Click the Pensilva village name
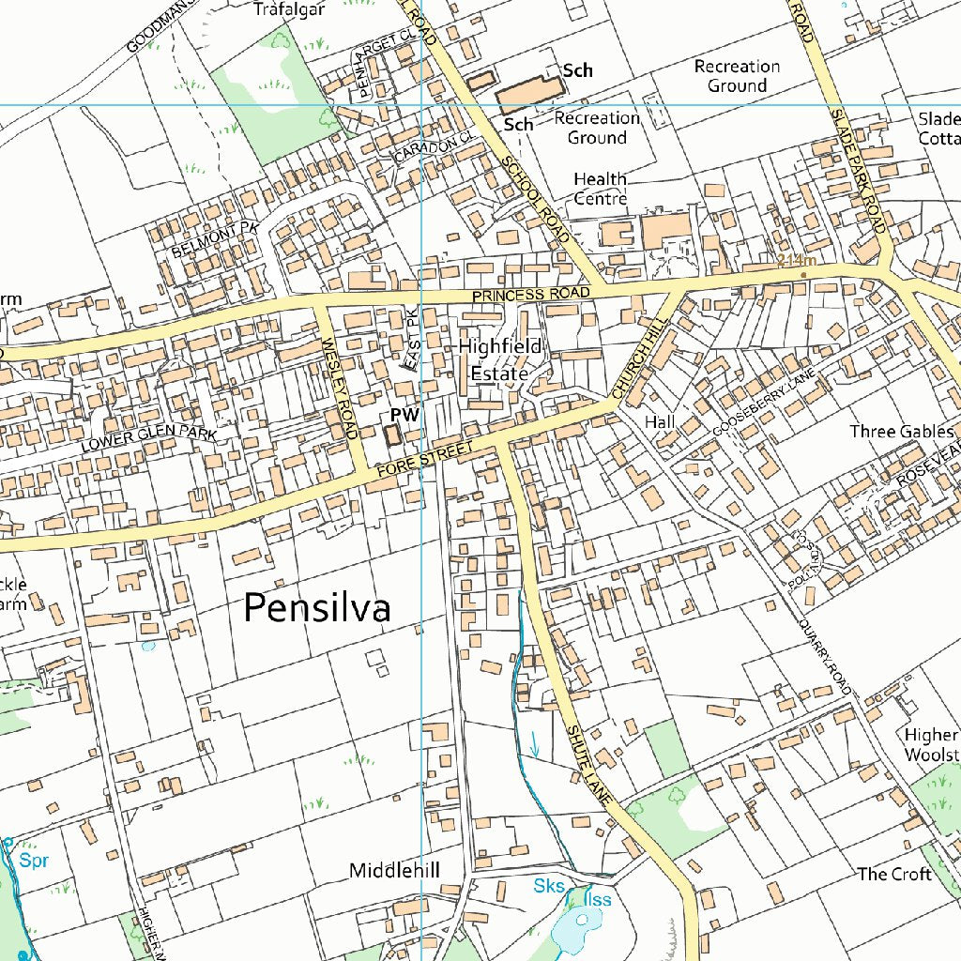(x=316, y=609)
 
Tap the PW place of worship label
(x=404, y=415)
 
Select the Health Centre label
(x=600, y=189)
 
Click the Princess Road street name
(x=531, y=295)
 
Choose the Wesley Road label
(x=339, y=389)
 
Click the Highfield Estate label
(x=500, y=359)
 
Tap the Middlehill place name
(x=394, y=871)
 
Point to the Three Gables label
(x=902, y=432)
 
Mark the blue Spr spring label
(x=34, y=860)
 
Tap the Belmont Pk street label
(x=214, y=240)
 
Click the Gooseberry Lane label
(x=764, y=403)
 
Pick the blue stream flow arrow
(x=535, y=744)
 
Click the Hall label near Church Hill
(x=660, y=423)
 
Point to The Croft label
(x=894, y=874)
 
